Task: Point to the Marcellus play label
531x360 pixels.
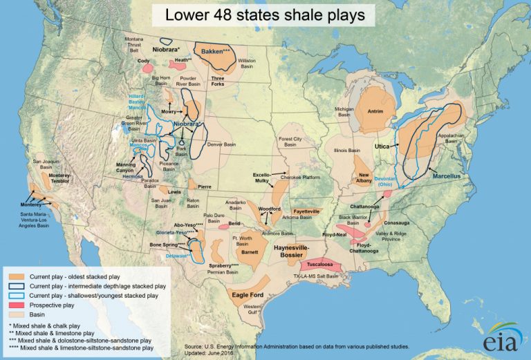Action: pyautogui.click(x=446, y=176)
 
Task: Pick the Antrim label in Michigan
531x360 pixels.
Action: pyautogui.click(x=375, y=111)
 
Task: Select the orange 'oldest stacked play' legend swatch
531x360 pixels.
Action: pyautogui.click(x=17, y=275)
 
